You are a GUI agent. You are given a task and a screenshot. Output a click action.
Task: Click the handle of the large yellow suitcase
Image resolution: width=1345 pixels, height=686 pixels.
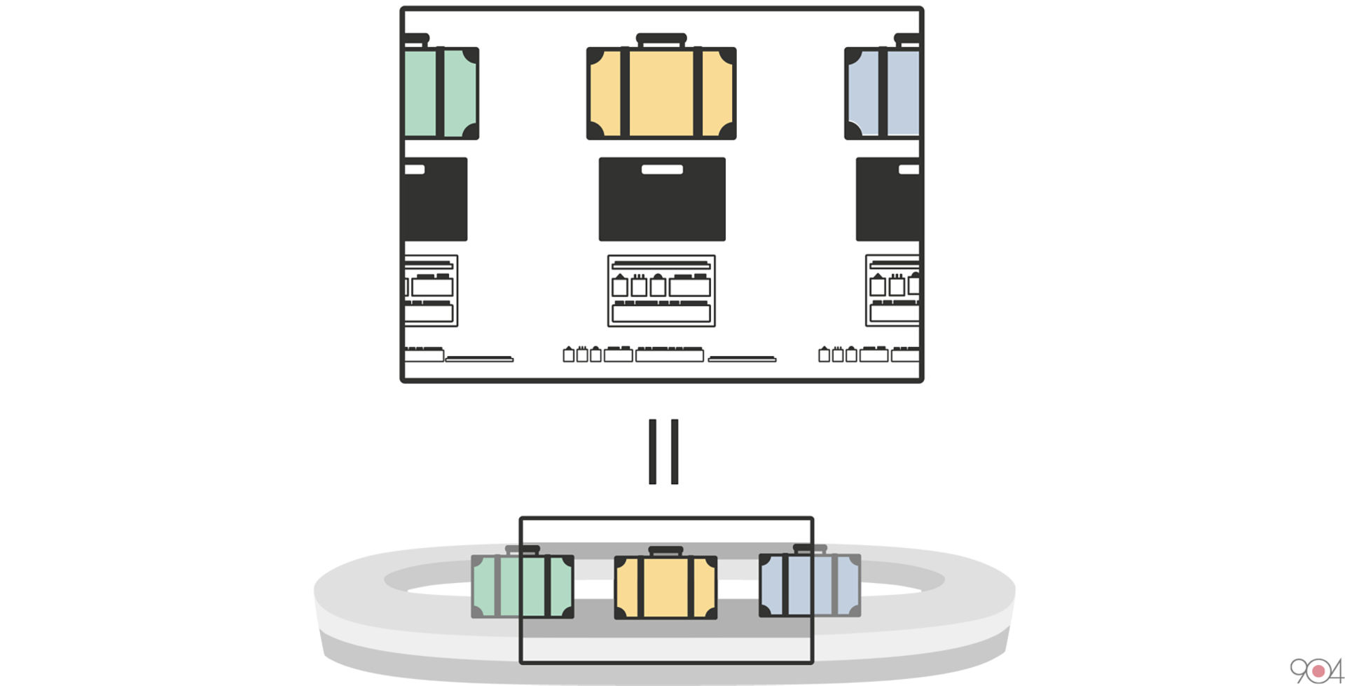pyautogui.click(x=661, y=39)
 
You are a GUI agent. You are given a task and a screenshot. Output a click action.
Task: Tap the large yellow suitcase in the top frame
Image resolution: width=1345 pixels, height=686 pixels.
pyautogui.click(x=661, y=93)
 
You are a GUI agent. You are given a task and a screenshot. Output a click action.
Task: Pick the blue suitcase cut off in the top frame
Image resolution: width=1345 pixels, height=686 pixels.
pyautogui.click(x=883, y=93)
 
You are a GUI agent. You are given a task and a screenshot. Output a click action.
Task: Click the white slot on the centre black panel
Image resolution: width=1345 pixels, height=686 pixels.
pyautogui.click(x=662, y=169)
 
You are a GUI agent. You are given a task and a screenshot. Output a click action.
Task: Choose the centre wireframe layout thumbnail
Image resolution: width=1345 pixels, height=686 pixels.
pyautogui.click(x=661, y=291)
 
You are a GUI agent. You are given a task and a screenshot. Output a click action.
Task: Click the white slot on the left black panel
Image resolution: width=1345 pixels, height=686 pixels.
pyautogui.click(x=415, y=170)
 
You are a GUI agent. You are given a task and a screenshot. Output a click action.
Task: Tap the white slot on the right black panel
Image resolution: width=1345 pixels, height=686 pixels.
pyautogui.click(x=909, y=170)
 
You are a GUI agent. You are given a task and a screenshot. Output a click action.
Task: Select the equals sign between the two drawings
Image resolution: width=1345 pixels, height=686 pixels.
pyautogui.click(x=663, y=452)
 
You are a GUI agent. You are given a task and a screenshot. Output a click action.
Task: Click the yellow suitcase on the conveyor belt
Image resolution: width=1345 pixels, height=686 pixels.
pyautogui.click(x=665, y=587)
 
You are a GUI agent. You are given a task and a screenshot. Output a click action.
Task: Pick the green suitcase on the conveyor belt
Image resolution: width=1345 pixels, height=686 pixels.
pyautogui.click(x=523, y=586)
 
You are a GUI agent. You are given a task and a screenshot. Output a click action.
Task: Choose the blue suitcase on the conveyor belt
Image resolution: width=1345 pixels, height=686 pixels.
pyautogui.click(x=810, y=585)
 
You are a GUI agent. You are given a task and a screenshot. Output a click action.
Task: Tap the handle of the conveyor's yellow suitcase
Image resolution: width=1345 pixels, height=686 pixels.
pyautogui.click(x=665, y=551)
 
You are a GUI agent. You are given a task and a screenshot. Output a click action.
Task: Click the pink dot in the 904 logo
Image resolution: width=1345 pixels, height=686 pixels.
pyautogui.click(x=1318, y=671)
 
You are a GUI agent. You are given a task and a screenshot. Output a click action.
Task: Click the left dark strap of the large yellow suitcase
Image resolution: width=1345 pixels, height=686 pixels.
pyautogui.click(x=624, y=93)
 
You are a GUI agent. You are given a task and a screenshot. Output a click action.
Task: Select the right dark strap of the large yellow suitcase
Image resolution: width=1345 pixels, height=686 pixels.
pyautogui.click(x=698, y=93)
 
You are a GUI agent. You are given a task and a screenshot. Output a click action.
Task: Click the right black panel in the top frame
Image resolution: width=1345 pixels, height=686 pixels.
pyautogui.click(x=888, y=200)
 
